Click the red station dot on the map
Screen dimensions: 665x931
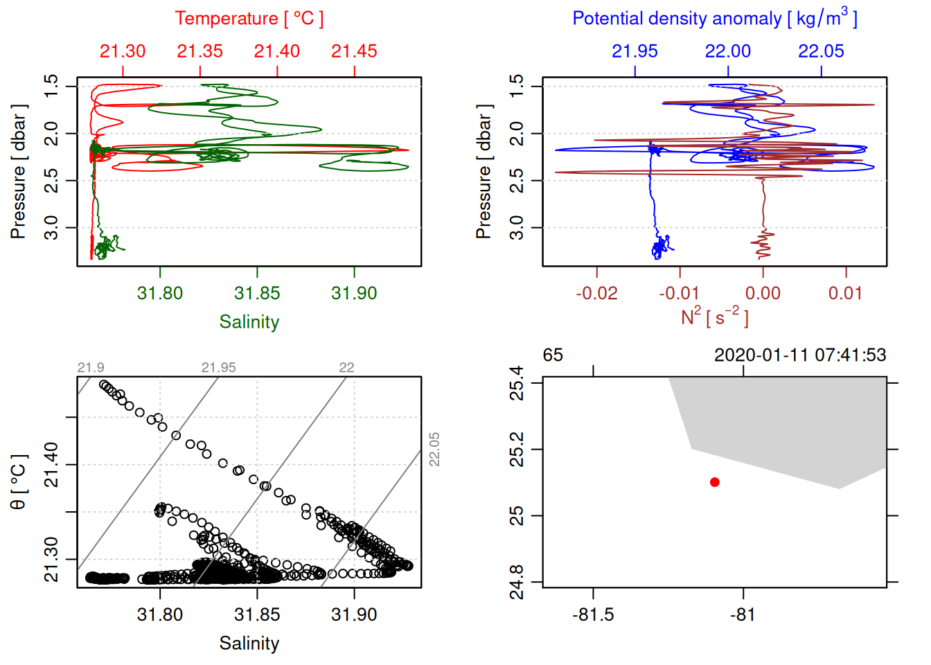[714, 482]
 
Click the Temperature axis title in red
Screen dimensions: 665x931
[249, 19]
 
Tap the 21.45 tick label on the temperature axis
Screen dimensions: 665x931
[354, 51]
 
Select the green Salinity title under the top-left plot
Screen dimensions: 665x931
[249, 322]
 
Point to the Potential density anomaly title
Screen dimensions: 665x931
[714, 19]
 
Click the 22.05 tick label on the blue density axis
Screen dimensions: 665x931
[821, 51]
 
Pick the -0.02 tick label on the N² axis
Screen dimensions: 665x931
[596, 293]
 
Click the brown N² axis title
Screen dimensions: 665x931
[714, 317]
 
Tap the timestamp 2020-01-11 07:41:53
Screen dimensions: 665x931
[799, 355]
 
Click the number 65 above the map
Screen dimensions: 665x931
[553, 355]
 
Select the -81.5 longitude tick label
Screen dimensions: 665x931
[593, 614]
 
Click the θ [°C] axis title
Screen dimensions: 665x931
[19, 482]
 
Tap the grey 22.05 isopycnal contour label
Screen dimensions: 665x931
[434, 450]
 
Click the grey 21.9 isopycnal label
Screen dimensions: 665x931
[91, 368]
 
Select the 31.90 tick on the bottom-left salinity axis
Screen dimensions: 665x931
[354, 614]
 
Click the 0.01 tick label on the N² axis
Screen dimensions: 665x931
[845, 293]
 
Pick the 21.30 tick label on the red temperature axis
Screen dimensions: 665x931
[123, 51]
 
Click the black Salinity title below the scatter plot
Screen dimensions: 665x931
[249, 644]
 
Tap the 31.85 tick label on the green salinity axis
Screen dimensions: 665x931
[257, 293]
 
